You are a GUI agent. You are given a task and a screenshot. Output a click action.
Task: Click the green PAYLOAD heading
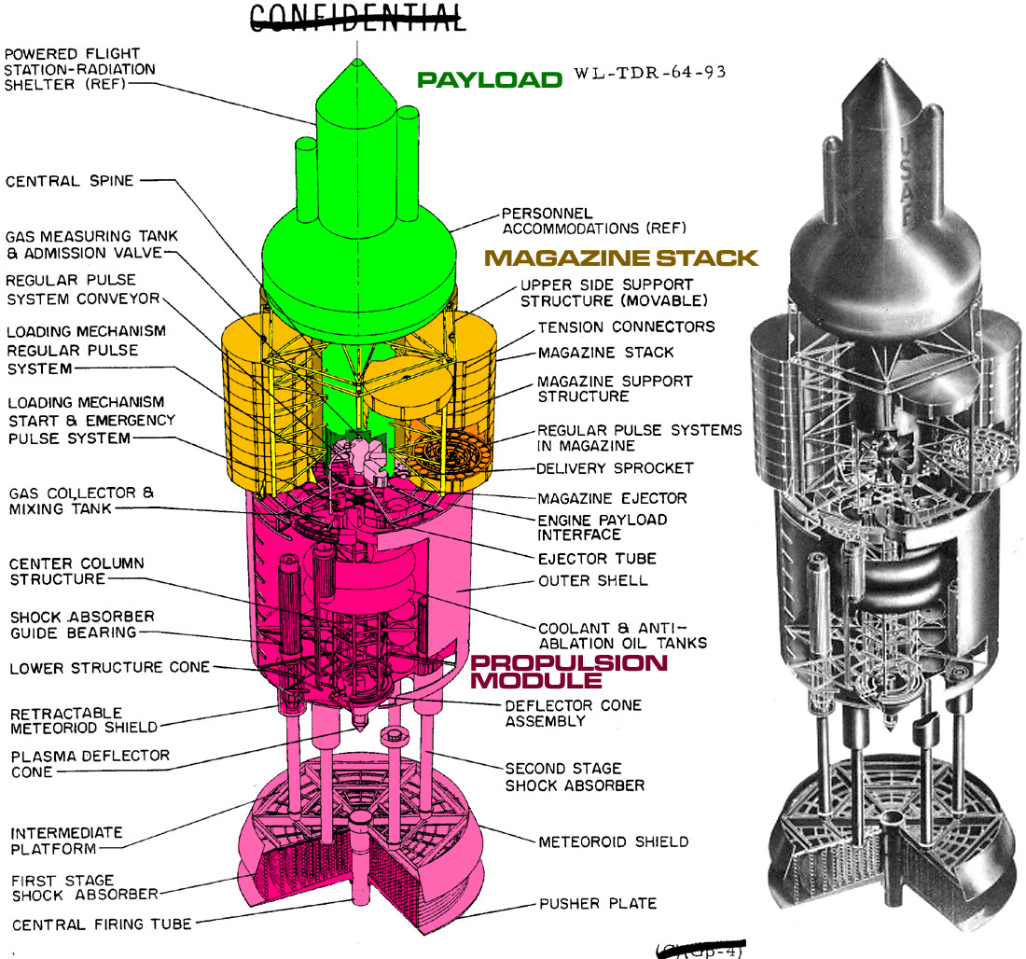tap(490, 80)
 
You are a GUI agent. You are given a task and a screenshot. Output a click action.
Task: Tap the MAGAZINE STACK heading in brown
tap(621, 257)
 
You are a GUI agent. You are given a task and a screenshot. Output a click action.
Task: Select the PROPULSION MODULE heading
tap(569, 671)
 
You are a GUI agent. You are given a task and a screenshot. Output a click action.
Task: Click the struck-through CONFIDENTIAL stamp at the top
tap(357, 18)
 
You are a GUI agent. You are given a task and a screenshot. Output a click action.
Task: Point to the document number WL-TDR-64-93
tap(650, 73)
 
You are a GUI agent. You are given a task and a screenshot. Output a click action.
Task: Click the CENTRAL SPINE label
tap(69, 181)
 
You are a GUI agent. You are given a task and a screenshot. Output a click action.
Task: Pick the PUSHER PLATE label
tap(597, 903)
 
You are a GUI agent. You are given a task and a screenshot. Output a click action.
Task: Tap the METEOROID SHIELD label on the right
tap(613, 841)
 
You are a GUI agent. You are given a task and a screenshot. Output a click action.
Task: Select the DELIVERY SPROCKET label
tap(615, 468)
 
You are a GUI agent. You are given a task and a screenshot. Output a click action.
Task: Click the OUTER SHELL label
tap(593, 580)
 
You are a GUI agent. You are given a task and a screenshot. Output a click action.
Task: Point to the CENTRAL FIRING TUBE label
tap(102, 924)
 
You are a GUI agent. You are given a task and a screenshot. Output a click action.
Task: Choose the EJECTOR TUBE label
tap(597, 559)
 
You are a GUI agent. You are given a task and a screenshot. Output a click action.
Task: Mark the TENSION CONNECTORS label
tap(626, 327)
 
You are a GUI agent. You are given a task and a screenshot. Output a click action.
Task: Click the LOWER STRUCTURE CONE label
tap(109, 668)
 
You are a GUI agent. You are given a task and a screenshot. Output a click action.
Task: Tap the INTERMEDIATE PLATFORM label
tap(66, 841)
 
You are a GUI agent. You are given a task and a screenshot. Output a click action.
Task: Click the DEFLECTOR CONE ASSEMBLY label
tap(573, 714)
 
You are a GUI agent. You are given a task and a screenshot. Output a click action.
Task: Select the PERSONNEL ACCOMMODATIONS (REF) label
tap(593, 221)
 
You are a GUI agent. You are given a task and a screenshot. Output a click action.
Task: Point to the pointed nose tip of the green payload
tap(357, 61)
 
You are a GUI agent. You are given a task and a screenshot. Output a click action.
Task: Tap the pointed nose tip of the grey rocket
tap(882, 61)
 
